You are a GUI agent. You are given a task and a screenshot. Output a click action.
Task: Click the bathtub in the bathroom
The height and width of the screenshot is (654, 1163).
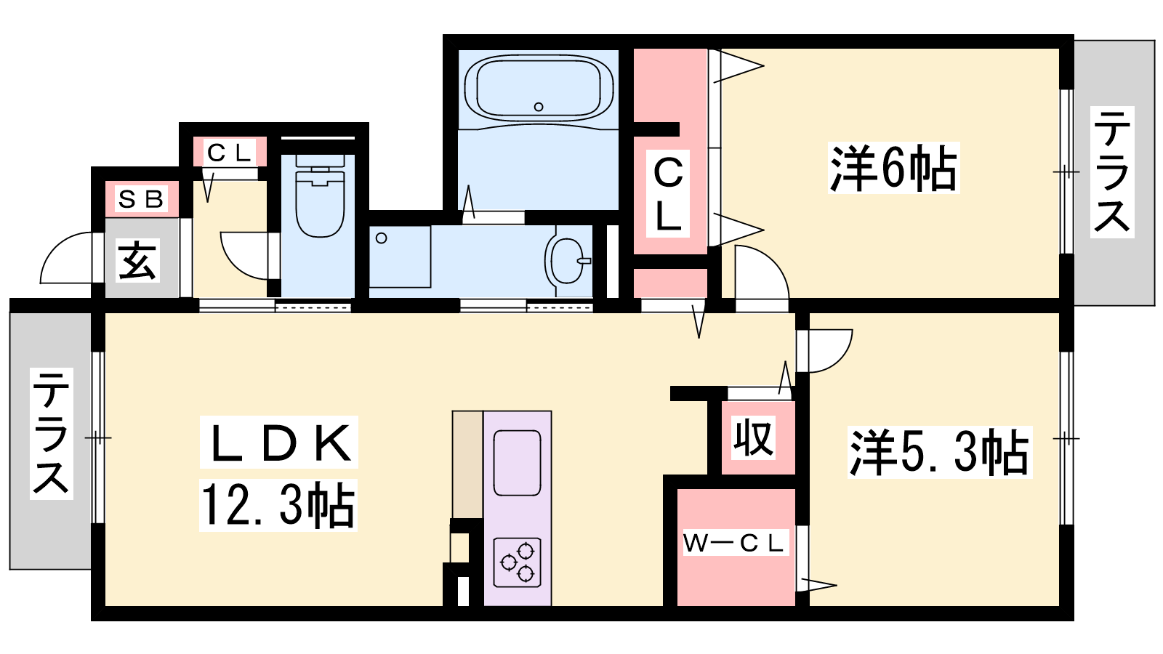[x=539, y=87]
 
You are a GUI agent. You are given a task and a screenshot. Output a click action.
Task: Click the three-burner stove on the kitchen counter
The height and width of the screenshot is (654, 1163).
[x=517, y=562]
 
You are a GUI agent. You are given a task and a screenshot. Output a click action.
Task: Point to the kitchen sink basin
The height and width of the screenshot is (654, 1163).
[x=517, y=462]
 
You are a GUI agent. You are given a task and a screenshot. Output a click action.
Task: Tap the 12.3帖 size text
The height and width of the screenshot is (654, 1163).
[x=278, y=506]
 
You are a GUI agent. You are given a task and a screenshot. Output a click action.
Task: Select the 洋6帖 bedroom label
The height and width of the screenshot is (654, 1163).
[x=893, y=169]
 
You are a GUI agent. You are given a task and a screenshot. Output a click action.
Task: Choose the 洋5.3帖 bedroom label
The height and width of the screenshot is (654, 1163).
[x=939, y=452]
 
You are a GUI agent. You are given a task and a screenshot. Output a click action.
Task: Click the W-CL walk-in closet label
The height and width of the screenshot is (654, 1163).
[x=734, y=543]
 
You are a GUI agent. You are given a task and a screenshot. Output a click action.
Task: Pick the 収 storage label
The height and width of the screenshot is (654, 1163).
[x=752, y=437]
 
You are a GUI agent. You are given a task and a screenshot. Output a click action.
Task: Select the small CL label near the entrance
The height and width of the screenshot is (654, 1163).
[x=229, y=153]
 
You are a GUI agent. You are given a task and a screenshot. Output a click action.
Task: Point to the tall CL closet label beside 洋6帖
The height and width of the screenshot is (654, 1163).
[x=668, y=194]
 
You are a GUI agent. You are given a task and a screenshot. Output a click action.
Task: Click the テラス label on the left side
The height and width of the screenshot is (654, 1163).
[x=51, y=433]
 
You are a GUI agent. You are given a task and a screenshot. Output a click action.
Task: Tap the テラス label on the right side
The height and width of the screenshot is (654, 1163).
[x=1112, y=172]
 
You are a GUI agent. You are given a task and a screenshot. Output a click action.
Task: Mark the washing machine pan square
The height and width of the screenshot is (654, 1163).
[x=400, y=257]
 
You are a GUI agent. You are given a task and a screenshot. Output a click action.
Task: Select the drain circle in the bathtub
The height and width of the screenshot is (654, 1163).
[x=539, y=107]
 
